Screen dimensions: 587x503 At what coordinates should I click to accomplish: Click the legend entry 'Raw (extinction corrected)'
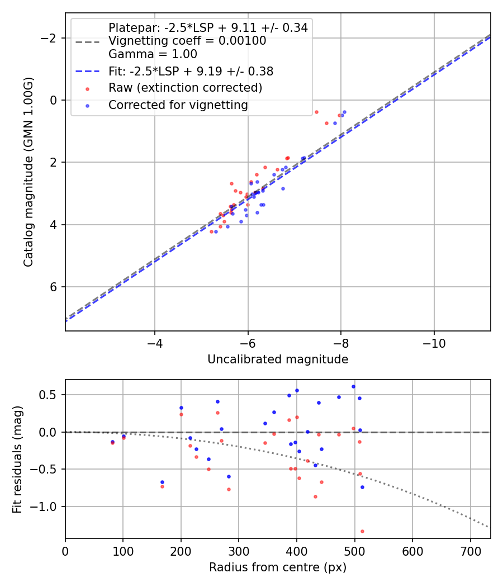click(x=185, y=88)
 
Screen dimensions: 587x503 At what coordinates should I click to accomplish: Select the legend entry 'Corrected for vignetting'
click(x=178, y=105)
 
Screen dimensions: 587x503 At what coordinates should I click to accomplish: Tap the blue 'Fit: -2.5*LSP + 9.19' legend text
click(x=191, y=72)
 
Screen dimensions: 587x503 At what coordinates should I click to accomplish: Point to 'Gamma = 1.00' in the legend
click(x=153, y=54)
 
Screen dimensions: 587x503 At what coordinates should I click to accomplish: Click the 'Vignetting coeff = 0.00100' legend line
click(x=187, y=41)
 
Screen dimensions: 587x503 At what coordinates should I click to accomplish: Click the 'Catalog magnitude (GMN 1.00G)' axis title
click(x=29, y=172)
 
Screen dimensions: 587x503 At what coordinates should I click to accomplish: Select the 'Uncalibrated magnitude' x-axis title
click(x=278, y=359)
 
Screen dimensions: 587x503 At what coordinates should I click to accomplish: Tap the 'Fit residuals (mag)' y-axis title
click(x=17, y=459)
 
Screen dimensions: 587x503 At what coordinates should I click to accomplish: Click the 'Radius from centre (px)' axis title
click(x=278, y=567)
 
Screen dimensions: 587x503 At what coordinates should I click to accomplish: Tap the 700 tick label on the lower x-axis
click(x=470, y=551)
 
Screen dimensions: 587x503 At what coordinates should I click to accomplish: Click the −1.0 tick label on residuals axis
click(x=46, y=506)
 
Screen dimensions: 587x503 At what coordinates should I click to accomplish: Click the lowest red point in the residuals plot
click(x=362, y=531)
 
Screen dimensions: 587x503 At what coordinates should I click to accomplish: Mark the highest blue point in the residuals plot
click(x=353, y=386)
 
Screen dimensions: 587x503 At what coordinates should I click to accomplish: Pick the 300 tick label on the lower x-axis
click(x=239, y=551)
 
